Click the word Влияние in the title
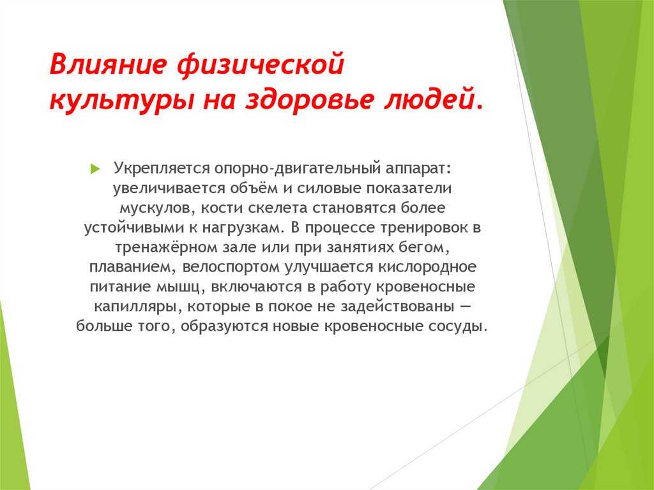109,65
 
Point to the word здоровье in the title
308,99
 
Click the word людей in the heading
427,100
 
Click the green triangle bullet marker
95,169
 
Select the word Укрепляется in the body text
162,169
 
